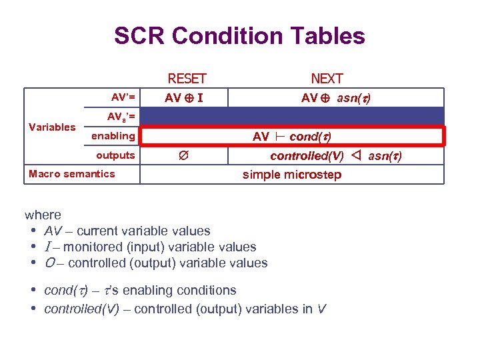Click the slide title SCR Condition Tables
pos(239,35)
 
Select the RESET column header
pos(187,79)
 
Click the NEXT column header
pos(327,79)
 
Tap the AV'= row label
pos(123,97)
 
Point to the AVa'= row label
pos(121,117)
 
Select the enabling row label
pos(113,136)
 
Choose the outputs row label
pos(115,155)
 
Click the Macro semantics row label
pos(71,174)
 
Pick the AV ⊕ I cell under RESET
pos(185,98)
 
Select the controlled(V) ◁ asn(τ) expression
pos(335,156)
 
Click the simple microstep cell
pos(291,175)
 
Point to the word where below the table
pos(43,215)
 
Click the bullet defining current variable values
pos(127,231)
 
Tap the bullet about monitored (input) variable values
pos(150,247)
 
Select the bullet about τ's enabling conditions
pos(140,291)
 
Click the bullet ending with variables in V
pos(185,309)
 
